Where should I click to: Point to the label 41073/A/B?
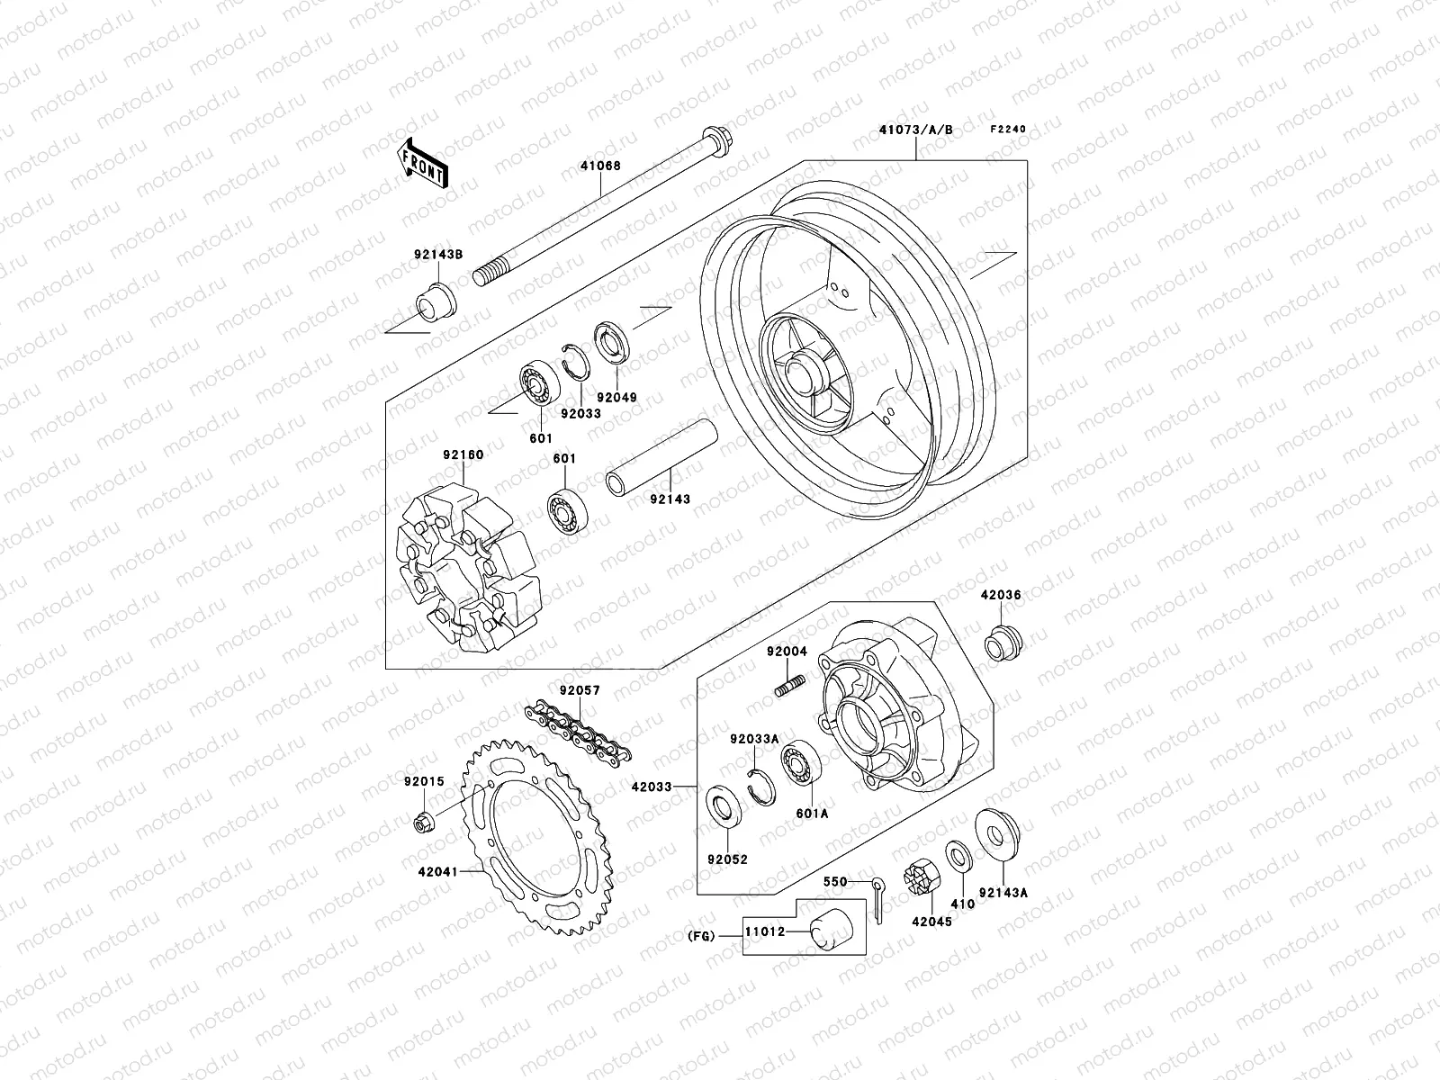pos(914,130)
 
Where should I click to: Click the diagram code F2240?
pos(1008,130)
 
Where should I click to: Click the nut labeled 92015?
pos(422,821)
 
